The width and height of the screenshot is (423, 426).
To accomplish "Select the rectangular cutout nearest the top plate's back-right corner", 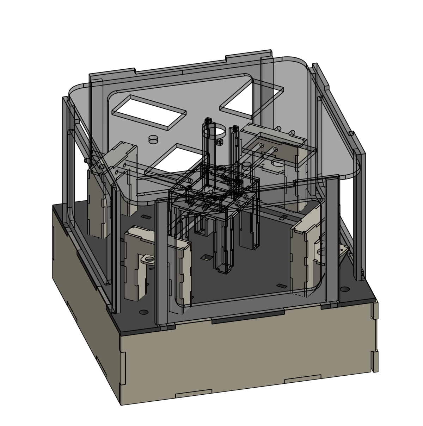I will coord(252,99).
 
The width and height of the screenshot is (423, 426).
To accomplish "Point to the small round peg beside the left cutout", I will coord(153,139).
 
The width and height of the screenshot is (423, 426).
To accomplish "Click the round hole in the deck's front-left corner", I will coord(143,312).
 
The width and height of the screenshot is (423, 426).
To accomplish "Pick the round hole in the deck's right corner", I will coord(344,289).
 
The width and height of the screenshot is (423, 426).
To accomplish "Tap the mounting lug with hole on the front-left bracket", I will coord(148,260).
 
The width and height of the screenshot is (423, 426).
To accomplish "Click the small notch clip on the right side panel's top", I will coord(351,133).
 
